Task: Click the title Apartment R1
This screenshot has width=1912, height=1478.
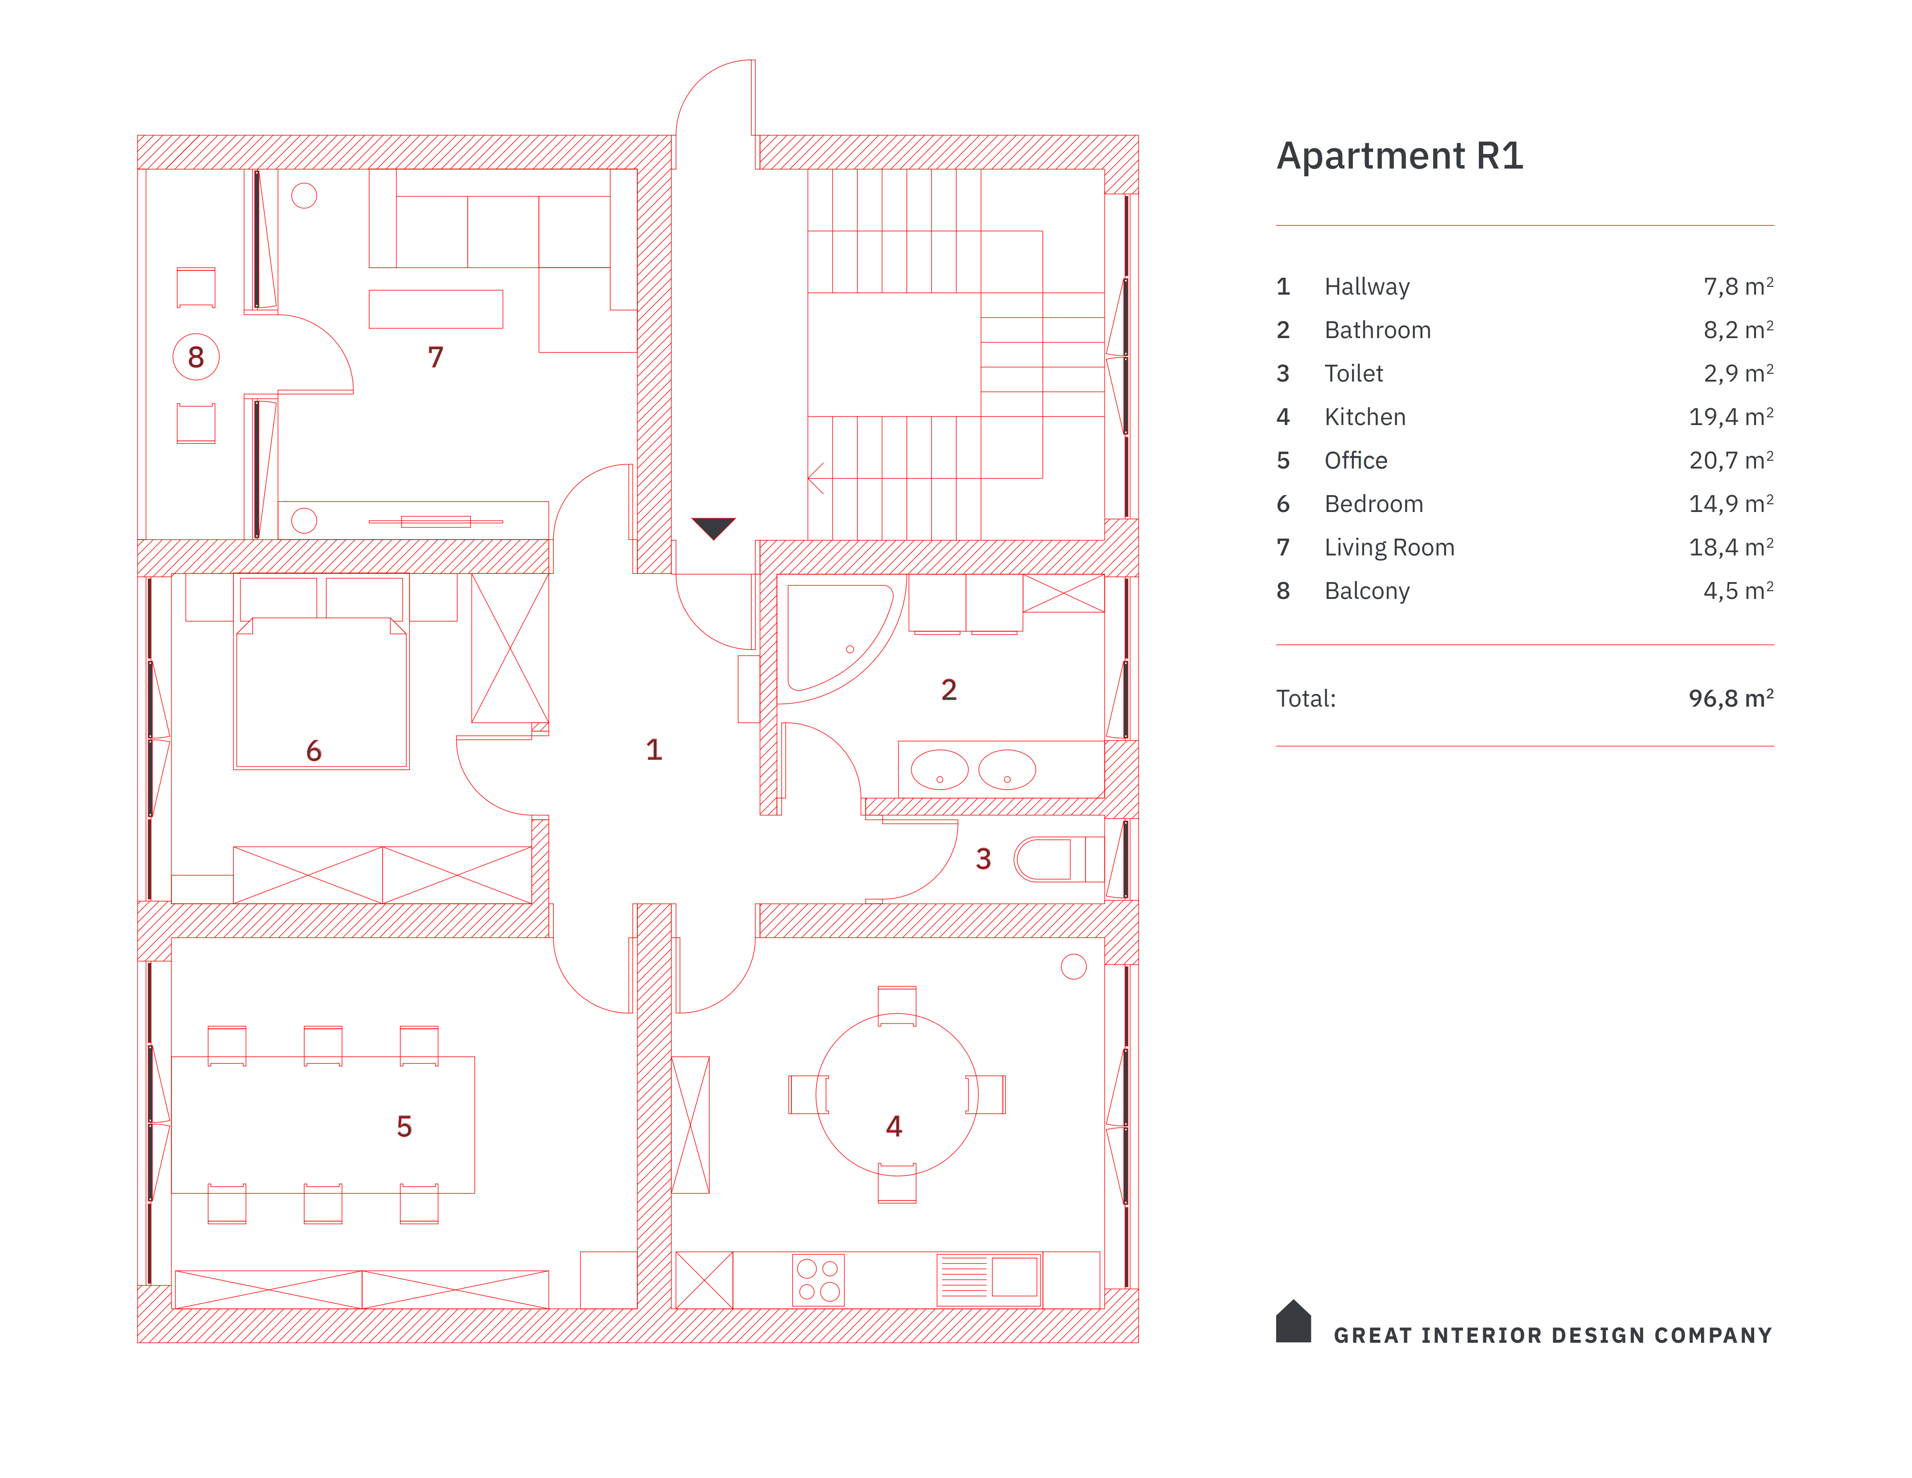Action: pyautogui.click(x=1399, y=156)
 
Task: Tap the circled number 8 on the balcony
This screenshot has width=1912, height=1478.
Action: pyautogui.click(x=195, y=357)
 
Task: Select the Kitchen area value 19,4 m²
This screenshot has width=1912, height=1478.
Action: pyautogui.click(x=1730, y=417)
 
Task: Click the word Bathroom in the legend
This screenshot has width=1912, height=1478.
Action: pyautogui.click(x=1377, y=330)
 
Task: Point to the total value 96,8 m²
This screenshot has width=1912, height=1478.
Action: pyautogui.click(x=1730, y=698)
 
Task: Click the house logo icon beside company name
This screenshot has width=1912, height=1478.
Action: pyautogui.click(x=1293, y=1322)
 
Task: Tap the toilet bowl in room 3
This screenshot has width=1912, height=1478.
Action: pyautogui.click(x=1046, y=859)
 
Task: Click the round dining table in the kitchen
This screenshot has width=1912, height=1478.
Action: pyautogui.click(x=897, y=1094)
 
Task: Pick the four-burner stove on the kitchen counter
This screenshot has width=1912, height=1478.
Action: pyautogui.click(x=818, y=1280)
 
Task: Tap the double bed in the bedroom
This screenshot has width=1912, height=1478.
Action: pyautogui.click(x=321, y=692)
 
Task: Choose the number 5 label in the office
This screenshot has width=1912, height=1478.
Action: pyautogui.click(x=404, y=1126)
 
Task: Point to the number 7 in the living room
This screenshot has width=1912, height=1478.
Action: pyautogui.click(x=435, y=357)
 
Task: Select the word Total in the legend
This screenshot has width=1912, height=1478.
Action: pyautogui.click(x=1305, y=699)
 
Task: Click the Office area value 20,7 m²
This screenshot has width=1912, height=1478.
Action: pyautogui.click(x=1730, y=461)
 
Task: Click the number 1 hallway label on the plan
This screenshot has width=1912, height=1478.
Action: pyautogui.click(x=654, y=750)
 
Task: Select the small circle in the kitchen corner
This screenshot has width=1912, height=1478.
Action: pyautogui.click(x=1073, y=966)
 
